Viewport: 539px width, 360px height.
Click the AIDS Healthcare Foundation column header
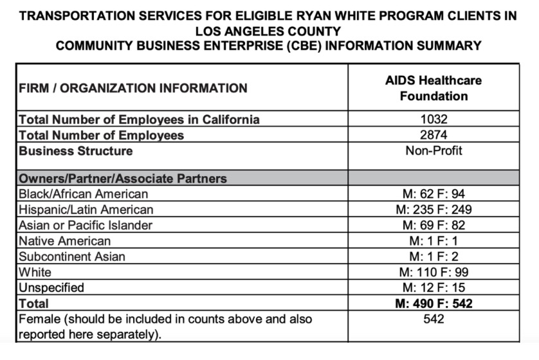coord(434,89)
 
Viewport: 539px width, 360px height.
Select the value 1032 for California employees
coord(434,120)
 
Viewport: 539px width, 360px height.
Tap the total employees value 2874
coord(434,135)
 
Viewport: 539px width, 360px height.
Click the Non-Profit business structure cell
coord(434,151)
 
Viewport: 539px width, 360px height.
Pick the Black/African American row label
coord(84,194)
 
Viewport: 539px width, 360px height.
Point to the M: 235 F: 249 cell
coord(434,210)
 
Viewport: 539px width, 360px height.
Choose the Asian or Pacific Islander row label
coord(86,225)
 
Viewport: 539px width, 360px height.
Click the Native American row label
coord(64,241)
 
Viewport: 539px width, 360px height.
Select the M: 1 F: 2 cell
coord(434,256)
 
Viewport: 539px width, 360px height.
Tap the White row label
coord(35,272)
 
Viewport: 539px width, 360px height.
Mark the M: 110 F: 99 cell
coord(434,272)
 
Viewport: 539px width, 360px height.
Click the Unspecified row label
coord(51,287)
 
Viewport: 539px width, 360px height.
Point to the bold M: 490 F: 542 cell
coord(434,303)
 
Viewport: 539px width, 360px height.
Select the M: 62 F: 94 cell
coord(434,194)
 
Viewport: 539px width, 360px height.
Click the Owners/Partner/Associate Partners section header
coord(123,178)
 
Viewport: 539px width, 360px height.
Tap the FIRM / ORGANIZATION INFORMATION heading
coord(133,88)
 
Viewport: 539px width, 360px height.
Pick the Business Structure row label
coord(76,151)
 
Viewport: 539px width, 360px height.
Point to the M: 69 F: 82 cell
coord(434,225)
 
